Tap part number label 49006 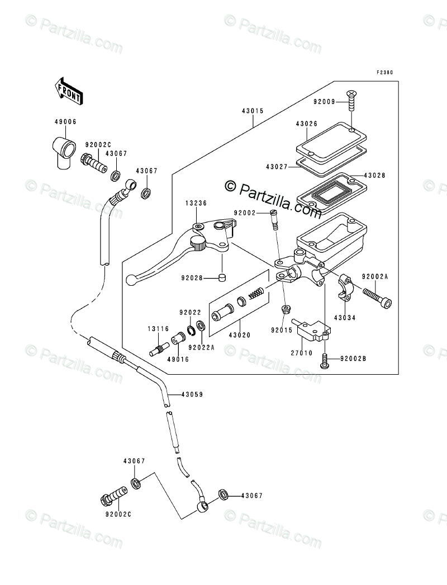pyautogui.click(x=66, y=121)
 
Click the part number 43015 pyautogui.click(x=253, y=111)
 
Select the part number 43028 pyautogui.click(x=374, y=176)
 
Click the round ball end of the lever pyautogui.click(x=130, y=278)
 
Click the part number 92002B pyautogui.click(x=351, y=357)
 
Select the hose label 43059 pyautogui.click(x=191, y=394)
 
